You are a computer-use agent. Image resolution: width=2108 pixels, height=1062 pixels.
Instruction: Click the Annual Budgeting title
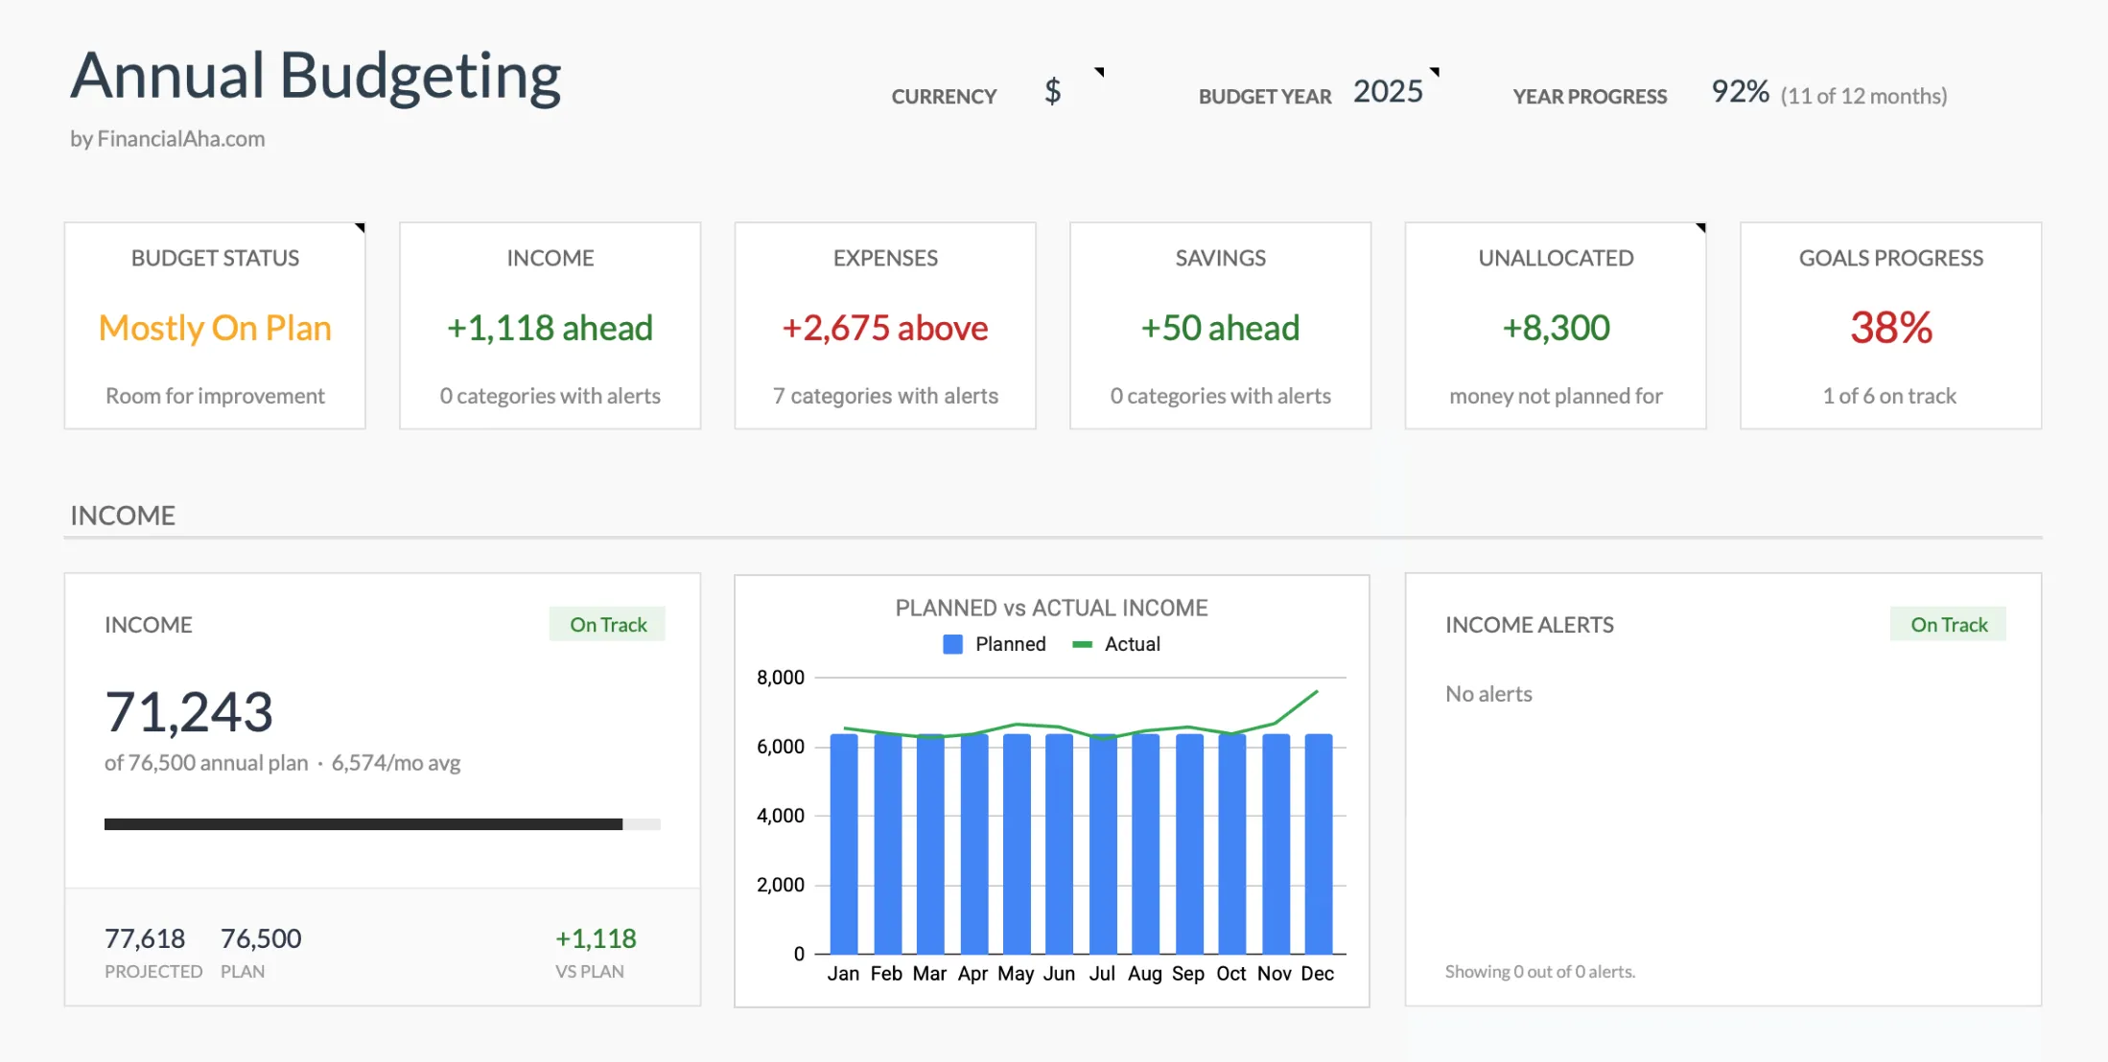316,77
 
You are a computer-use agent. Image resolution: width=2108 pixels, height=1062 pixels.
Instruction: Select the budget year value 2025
1388,92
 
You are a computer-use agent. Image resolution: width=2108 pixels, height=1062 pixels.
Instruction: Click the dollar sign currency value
1052,92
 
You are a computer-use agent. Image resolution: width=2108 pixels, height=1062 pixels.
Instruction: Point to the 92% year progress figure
1740,92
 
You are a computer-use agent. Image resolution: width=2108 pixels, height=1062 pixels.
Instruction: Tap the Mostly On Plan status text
215,328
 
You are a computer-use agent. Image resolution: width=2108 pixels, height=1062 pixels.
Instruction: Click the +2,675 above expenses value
884,328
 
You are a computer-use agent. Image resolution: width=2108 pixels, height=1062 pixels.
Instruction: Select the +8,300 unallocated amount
1556,328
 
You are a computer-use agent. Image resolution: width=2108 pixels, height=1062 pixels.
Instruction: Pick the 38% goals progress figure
1890,328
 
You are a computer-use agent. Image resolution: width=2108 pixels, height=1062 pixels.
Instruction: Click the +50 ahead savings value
1220,328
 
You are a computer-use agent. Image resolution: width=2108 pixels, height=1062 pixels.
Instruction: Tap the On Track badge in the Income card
608,625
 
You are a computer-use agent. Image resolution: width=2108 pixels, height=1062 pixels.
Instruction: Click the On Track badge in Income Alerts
1949,625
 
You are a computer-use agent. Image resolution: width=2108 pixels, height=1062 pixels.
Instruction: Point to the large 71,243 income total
189,712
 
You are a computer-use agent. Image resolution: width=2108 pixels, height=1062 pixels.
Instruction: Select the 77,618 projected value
145,938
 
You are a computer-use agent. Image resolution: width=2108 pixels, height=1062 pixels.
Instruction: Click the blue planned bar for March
930,843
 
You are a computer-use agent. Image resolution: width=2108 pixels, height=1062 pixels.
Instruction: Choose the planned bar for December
1319,843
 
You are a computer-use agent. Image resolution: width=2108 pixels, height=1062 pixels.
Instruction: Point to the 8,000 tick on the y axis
781,678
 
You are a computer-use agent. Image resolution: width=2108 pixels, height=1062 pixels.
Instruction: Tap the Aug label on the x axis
1145,974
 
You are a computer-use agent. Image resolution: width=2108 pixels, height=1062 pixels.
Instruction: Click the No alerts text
1488,694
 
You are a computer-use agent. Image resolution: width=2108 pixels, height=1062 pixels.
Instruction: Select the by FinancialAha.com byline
168,139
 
